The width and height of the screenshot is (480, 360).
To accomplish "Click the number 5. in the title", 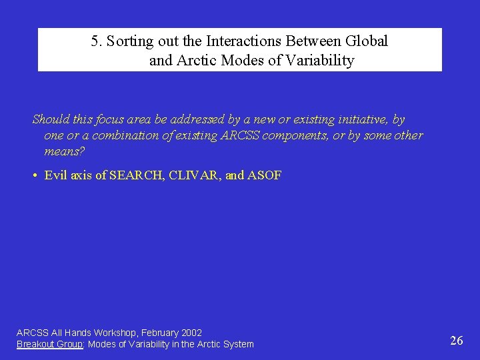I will (x=97, y=41).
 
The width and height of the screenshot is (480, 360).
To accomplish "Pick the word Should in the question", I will (x=50, y=120).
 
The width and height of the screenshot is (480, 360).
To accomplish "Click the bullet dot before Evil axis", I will (x=35, y=176).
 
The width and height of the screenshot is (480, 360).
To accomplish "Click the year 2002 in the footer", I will (x=191, y=333).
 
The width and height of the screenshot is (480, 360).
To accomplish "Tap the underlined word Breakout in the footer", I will (x=36, y=344).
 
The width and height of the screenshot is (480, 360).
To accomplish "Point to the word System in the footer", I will (x=238, y=344).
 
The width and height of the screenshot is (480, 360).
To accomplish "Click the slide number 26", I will (x=457, y=341).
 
